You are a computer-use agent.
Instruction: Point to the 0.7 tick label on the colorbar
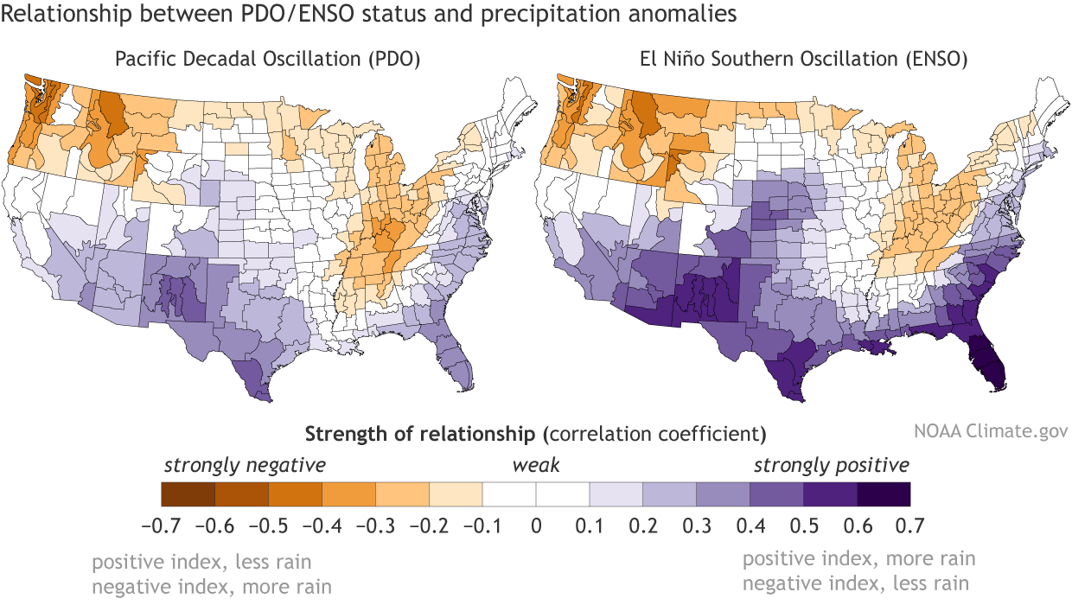click(x=910, y=525)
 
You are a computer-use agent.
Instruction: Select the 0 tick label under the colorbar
click(x=536, y=525)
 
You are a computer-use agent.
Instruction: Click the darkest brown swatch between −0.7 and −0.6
click(x=188, y=494)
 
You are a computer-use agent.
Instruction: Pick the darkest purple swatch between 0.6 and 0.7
click(x=884, y=494)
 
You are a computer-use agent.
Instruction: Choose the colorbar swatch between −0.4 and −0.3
click(x=348, y=494)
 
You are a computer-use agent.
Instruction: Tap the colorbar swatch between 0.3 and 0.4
click(x=723, y=494)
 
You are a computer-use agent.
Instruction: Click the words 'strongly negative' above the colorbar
click(x=245, y=465)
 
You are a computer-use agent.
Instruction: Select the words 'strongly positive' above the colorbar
click(x=831, y=465)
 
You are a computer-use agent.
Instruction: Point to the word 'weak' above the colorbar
click(x=536, y=465)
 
